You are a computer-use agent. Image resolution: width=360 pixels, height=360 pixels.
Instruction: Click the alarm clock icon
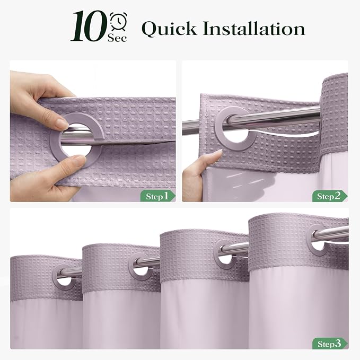[x=118, y=21]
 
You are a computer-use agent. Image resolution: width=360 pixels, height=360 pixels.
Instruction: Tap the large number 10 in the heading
[x=90, y=26]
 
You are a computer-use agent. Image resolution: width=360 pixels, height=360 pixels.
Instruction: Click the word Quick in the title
[x=169, y=29]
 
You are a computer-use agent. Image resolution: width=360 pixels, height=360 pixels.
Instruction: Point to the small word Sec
[x=117, y=38]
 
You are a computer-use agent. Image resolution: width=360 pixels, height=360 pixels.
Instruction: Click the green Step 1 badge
[x=158, y=196]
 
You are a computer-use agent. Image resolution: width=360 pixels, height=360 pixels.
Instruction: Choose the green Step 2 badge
[x=330, y=196]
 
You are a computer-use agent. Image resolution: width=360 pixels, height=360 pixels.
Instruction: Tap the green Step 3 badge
[x=330, y=344]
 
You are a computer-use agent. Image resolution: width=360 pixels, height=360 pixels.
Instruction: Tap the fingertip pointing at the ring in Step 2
[x=218, y=153]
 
